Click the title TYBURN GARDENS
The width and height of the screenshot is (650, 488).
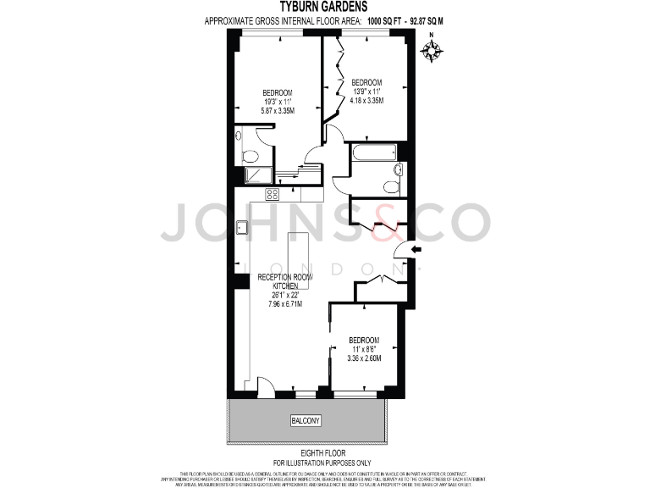click(x=324, y=7)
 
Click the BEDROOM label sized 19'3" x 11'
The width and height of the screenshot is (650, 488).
click(x=277, y=92)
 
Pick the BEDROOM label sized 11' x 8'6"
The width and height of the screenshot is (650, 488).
click(x=364, y=341)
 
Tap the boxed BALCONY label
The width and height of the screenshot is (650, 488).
click(x=306, y=420)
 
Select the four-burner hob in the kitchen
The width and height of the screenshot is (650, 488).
click(x=272, y=194)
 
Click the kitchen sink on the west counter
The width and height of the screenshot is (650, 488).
click(x=242, y=226)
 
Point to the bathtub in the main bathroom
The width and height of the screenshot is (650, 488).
click(x=373, y=153)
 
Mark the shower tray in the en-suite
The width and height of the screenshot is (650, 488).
click(x=257, y=175)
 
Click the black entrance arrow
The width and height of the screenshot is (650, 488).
click(x=416, y=248)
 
